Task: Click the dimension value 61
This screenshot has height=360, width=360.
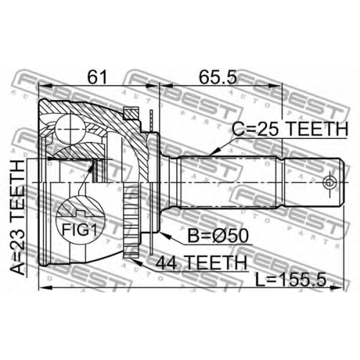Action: (x=96, y=77)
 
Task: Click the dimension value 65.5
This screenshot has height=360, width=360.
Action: (x=218, y=77)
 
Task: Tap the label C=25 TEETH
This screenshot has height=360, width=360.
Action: (x=290, y=129)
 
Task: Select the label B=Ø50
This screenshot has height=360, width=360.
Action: (x=217, y=235)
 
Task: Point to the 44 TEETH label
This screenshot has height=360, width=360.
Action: (x=202, y=262)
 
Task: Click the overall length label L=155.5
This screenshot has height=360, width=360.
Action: (x=291, y=280)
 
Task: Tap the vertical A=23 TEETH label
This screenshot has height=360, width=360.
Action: (x=17, y=217)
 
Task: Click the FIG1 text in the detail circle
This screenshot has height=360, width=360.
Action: (x=80, y=230)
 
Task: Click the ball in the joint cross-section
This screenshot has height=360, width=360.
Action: (x=71, y=130)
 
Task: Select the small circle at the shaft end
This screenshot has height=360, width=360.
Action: (x=329, y=182)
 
